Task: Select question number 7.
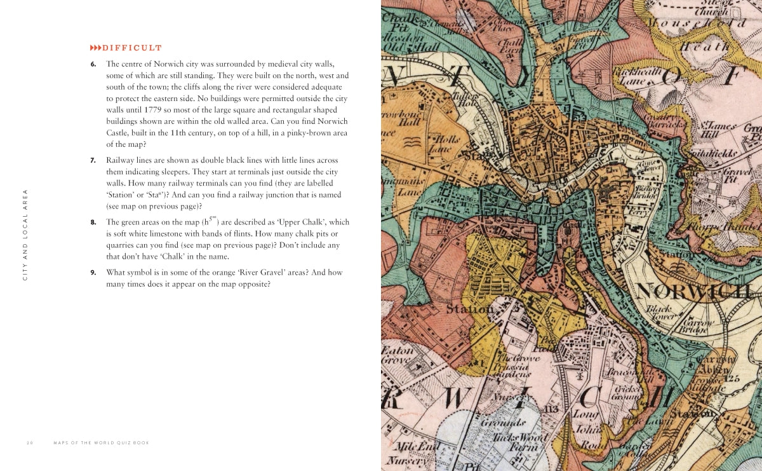pyautogui.click(x=93, y=160)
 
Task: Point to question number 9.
pyautogui.click(x=93, y=272)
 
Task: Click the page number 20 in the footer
pyautogui.click(x=30, y=442)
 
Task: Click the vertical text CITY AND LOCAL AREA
pyautogui.click(x=25, y=235)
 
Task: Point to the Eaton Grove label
pyautogui.click(x=398, y=355)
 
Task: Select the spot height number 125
pyautogui.click(x=734, y=379)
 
